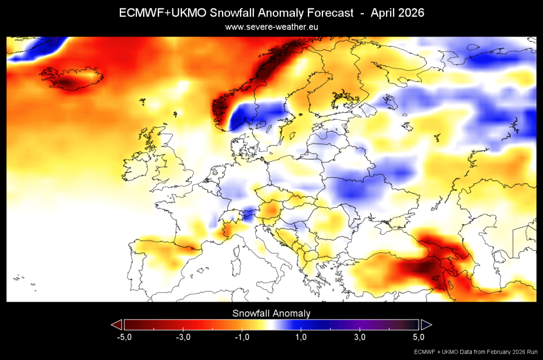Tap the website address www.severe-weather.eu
tap(271, 26)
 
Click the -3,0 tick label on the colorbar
tap(182, 337)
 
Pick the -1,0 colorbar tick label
tap(241, 337)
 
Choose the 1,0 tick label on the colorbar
tap(300, 337)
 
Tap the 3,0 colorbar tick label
tap(360, 337)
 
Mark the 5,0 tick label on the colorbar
tap(418, 337)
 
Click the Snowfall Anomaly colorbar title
tap(271, 313)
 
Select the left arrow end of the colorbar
tap(117, 324)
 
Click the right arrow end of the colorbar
tap(426, 324)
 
